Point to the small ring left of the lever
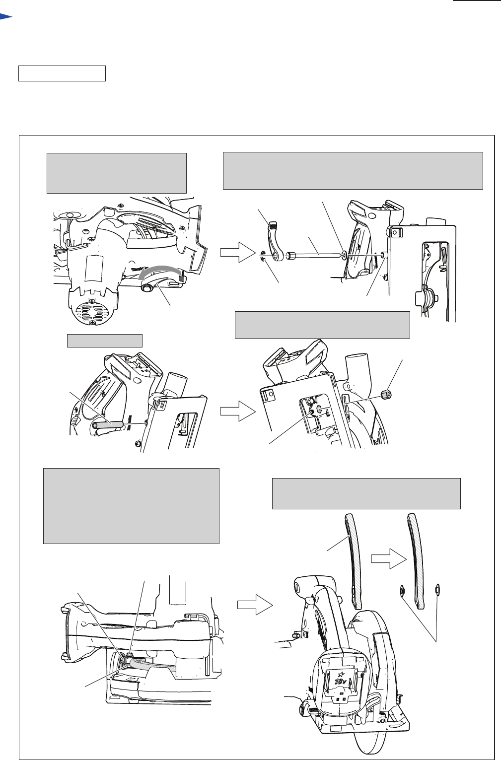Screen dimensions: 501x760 pyautogui.click(x=263, y=256)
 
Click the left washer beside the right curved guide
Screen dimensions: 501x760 pyautogui.click(x=401, y=590)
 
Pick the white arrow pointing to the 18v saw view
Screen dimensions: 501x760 pyautogui.click(x=255, y=605)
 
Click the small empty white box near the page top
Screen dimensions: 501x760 pyautogui.click(x=62, y=73)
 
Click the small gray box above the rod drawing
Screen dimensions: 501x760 pyautogui.click(x=105, y=341)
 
